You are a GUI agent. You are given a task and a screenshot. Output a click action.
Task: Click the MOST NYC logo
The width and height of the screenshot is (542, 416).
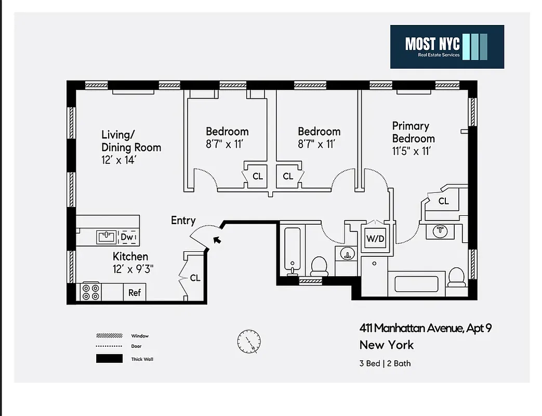447,46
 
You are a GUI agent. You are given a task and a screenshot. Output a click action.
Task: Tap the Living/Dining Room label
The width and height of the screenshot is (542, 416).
131,141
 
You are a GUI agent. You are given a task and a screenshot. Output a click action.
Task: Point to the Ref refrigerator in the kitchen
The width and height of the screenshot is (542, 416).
135,292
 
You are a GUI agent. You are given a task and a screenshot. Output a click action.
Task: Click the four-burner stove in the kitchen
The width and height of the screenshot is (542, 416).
91,292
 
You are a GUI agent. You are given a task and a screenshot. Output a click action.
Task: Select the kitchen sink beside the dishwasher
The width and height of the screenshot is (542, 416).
107,237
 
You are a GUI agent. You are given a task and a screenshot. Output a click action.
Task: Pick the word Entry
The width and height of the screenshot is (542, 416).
183,220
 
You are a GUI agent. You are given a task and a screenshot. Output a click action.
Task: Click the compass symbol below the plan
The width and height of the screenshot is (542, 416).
249,342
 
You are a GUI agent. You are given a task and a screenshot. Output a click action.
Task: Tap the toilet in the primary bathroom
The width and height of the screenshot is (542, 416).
456,278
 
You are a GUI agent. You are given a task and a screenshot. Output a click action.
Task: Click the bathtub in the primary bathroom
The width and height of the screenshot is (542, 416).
418,284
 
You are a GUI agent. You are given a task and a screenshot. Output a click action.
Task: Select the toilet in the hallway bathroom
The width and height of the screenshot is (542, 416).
319,266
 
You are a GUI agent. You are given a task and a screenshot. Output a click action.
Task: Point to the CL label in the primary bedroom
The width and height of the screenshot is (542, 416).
443,201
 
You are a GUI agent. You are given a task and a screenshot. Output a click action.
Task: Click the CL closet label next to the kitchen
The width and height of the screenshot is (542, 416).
195,278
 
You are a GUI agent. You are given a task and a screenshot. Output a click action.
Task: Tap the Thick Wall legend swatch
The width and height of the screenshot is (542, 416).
109,359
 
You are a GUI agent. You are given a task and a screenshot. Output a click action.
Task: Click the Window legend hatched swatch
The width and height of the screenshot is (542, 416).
109,336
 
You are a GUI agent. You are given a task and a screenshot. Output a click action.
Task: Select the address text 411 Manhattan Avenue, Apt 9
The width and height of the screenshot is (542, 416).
425,328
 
